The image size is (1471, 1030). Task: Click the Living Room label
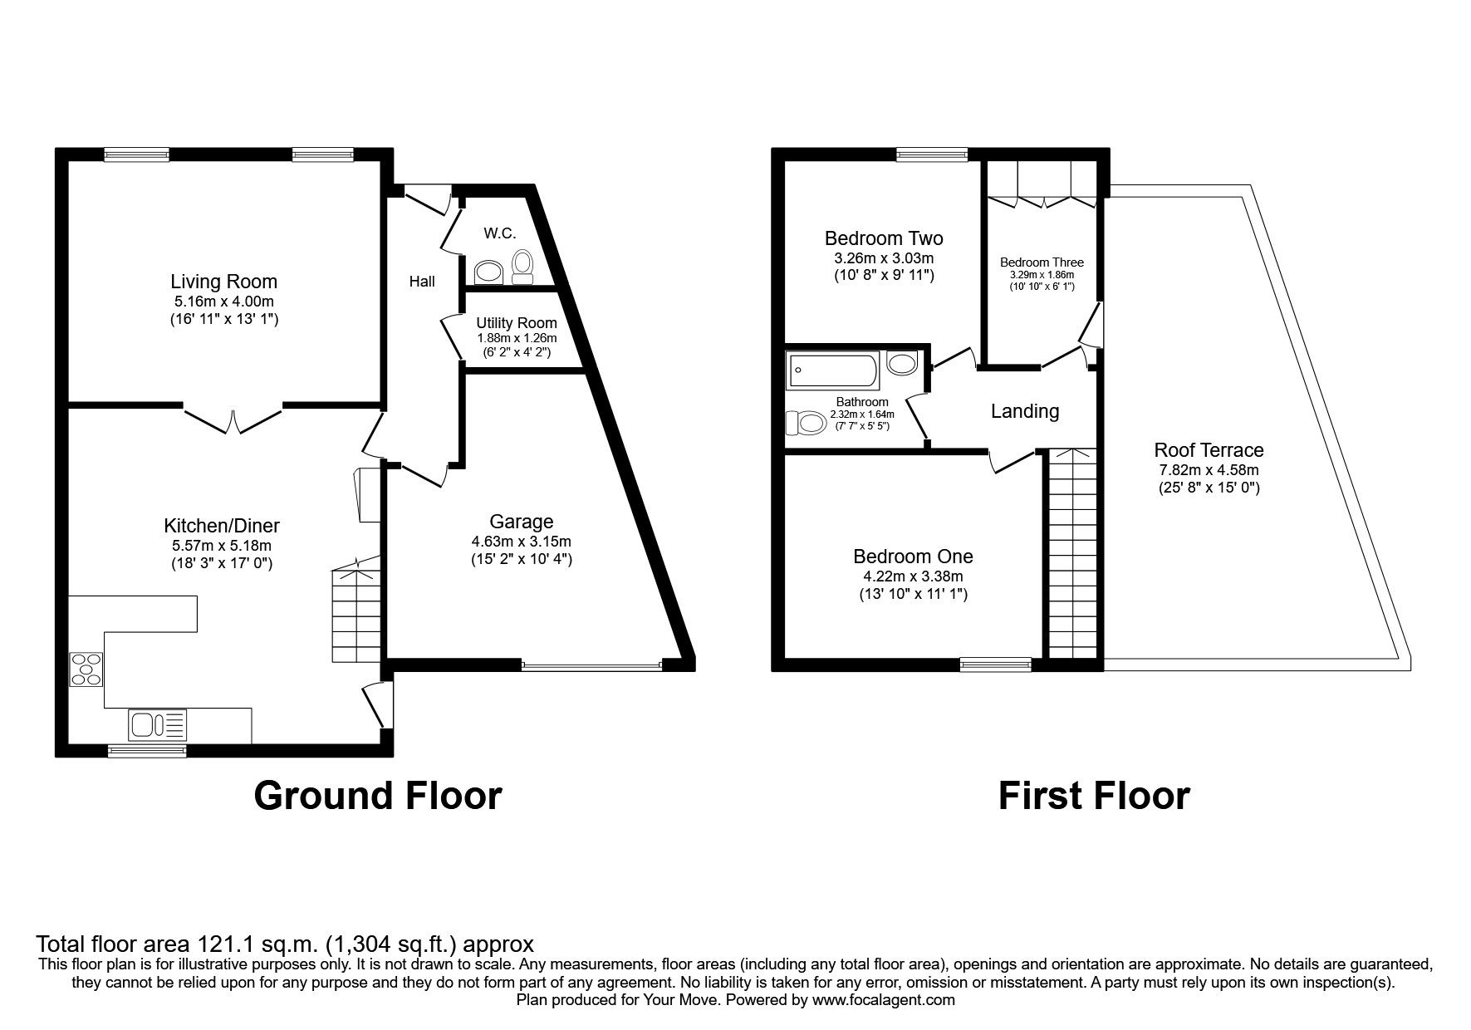click(x=223, y=282)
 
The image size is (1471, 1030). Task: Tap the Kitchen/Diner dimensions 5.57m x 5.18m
click(x=222, y=546)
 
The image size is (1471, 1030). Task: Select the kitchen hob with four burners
click(x=87, y=669)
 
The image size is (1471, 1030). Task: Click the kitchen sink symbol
click(x=158, y=725)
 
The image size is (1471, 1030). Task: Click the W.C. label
click(x=500, y=233)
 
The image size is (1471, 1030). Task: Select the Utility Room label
click(x=516, y=322)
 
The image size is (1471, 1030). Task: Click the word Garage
click(x=521, y=522)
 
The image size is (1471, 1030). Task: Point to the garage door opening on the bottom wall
click(x=591, y=664)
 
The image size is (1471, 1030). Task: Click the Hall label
click(x=422, y=282)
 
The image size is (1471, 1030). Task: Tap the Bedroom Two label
click(x=883, y=238)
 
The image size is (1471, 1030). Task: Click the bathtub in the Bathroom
click(x=833, y=370)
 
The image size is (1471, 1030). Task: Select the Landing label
click(x=1024, y=411)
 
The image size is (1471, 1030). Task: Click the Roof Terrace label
click(x=1209, y=450)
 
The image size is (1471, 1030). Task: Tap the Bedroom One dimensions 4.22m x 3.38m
click(x=913, y=576)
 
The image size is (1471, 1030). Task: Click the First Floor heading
click(x=1093, y=796)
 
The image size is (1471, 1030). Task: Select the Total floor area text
click(x=284, y=944)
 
